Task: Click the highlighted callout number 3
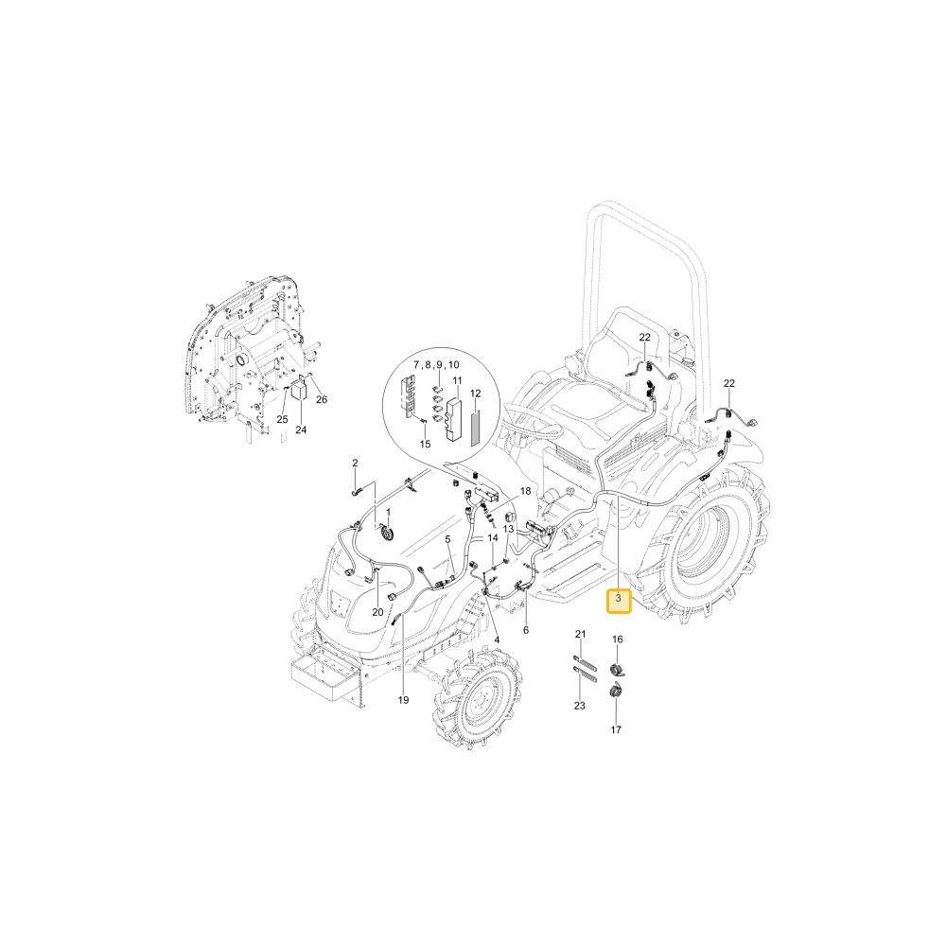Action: click(x=619, y=599)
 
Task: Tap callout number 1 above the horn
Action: click(x=388, y=512)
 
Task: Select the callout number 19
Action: click(x=403, y=700)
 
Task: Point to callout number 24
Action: click(x=301, y=429)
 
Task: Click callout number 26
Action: click(x=322, y=399)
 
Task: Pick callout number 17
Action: click(x=616, y=729)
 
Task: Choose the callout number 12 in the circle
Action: click(x=476, y=394)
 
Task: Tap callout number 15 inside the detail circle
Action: click(x=425, y=444)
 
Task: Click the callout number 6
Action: click(x=526, y=630)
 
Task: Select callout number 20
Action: click(x=377, y=612)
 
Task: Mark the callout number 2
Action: click(x=355, y=463)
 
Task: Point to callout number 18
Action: click(x=525, y=491)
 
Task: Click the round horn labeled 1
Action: click(x=386, y=534)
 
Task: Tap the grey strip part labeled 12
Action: click(x=476, y=426)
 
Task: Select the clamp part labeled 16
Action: click(x=616, y=669)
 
